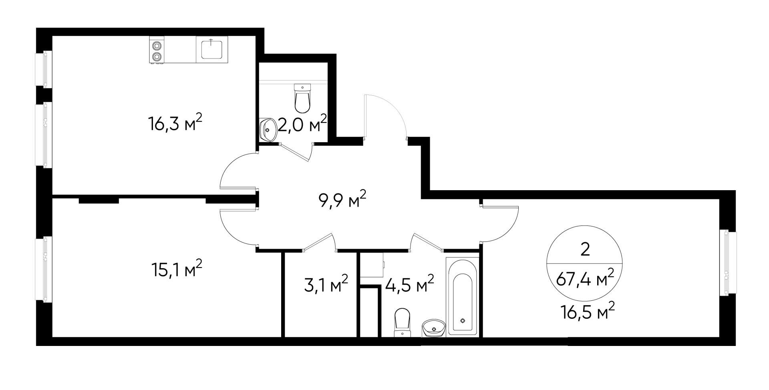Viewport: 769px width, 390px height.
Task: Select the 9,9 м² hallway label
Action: tap(342, 199)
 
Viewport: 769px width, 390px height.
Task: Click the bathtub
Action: tap(462, 296)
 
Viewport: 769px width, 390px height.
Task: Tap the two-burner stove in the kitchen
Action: tap(157, 50)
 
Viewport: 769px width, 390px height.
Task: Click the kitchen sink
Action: tap(212, 48)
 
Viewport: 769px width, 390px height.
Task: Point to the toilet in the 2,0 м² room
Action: tap(302, 99)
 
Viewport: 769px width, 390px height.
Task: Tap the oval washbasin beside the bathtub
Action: tap(434, 328)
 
